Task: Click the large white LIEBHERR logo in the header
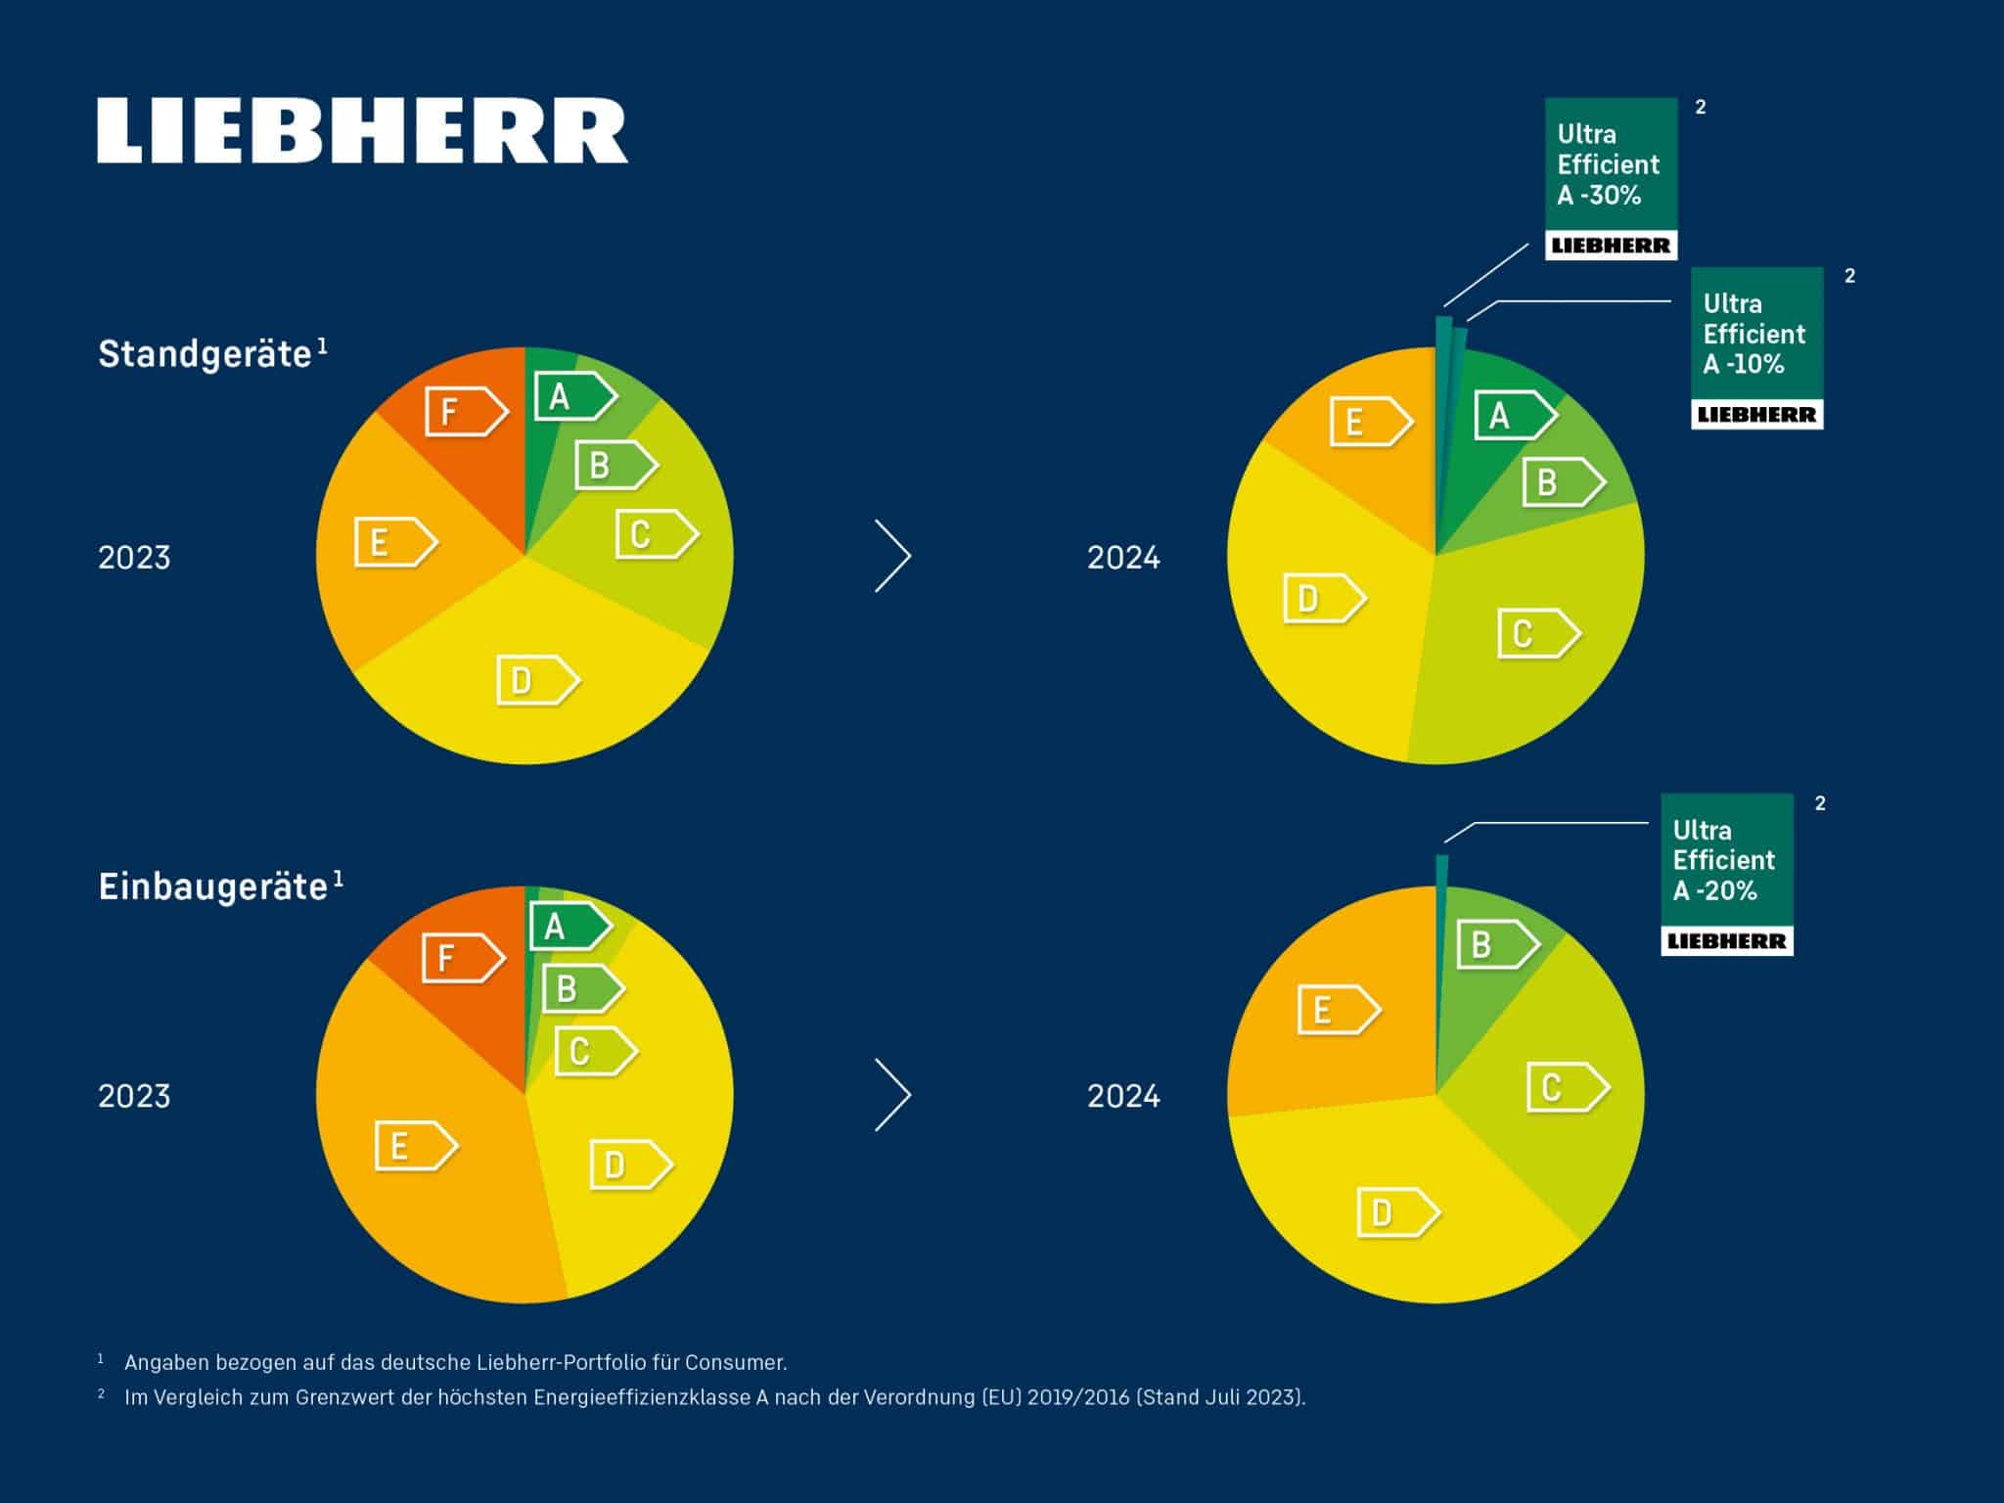(362, 130)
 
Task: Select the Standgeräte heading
(205, 354)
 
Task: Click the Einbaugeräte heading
(213, 887)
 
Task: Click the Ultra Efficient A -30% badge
(1611, 178)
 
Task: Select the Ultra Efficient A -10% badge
(1756, 347)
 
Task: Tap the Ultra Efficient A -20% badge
(1726, 874)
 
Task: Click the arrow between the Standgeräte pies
(892, 556)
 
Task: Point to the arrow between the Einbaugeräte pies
(892, 1095)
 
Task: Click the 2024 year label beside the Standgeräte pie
(1123, 558)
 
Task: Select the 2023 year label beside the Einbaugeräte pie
(134, 1096)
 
